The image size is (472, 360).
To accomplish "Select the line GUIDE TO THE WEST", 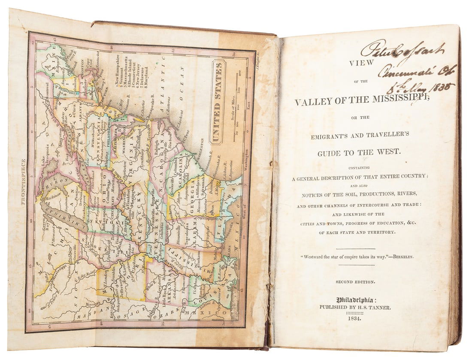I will click(358, 153).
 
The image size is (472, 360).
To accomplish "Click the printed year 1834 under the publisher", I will click(354, 318).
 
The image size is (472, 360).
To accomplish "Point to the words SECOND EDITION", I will click(355, 282).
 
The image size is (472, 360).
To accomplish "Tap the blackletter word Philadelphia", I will click(354, 300).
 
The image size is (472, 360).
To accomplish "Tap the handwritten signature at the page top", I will click(402, 50).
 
